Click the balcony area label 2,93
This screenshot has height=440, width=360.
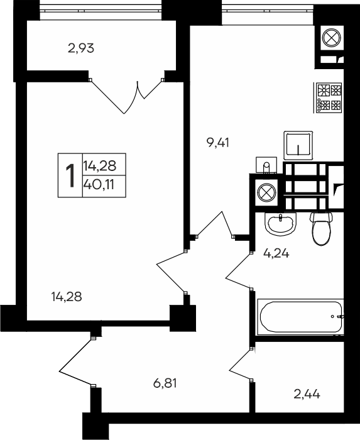pos(80,47)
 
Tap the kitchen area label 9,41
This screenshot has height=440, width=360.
pos(218,142)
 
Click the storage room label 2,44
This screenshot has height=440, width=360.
pos(307,395)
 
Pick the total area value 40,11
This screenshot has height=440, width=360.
pos(104,185)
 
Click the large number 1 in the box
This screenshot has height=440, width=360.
pos(70,175)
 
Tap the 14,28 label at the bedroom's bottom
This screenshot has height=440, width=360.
pos(67,296)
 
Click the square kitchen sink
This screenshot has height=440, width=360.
pos(299,145)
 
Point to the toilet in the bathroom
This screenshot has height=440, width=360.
pos(322,229)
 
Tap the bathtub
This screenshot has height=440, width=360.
pos(300,318)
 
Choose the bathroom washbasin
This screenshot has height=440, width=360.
pos(280,223)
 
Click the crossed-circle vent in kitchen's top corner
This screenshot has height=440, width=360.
pos(330,38)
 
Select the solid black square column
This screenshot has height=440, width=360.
pos(183,316)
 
